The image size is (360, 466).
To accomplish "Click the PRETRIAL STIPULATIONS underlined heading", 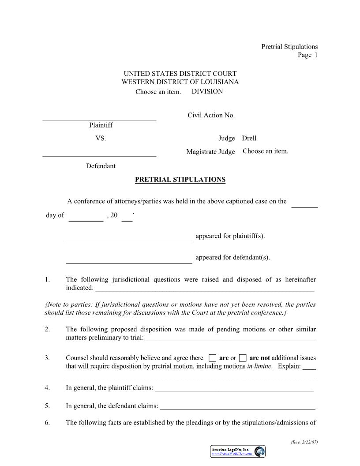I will coord(180,180).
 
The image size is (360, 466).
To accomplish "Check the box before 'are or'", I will coord(213,358).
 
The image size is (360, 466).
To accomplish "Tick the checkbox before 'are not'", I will coord(243,358).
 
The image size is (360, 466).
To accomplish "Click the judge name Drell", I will coord(249,138).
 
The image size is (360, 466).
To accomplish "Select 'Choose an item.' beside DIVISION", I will coord(158,92).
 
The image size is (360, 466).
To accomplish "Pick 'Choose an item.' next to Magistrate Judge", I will coord(265,151).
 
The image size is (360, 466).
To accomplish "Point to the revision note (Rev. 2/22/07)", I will coord(304,442).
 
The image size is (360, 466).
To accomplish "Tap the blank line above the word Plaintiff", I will coord(99,119).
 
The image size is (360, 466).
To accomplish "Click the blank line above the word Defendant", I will coord(99,156).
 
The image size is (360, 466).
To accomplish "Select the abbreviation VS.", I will coord(101,138).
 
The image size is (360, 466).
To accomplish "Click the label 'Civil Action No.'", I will coord(211,115).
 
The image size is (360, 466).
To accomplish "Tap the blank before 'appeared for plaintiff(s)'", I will coord(129,241).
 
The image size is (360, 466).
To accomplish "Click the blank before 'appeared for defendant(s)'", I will coord(129,263).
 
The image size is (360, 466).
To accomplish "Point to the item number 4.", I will coord(47,388).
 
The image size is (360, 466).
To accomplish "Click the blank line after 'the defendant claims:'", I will coord(237,409).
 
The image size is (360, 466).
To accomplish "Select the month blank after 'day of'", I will coord(86,220).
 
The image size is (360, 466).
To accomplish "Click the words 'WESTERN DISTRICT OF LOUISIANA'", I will coord(180,82).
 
